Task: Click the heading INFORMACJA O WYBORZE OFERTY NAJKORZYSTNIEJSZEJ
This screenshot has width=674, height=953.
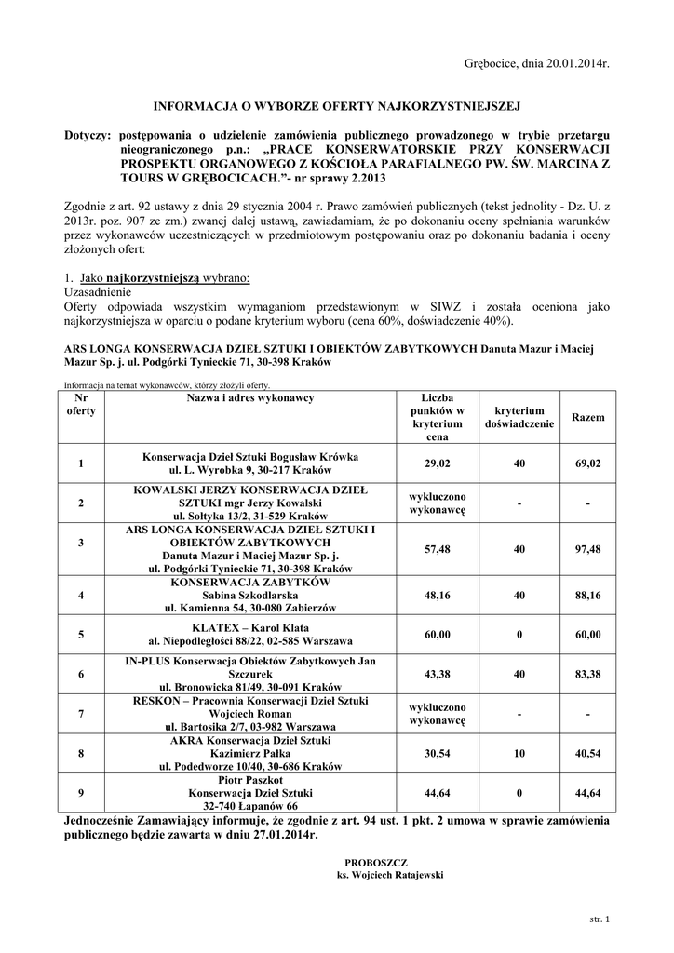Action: point(336,106)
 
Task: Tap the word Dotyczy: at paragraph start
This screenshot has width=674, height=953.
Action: point(88,136)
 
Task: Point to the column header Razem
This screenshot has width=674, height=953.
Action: point(586,418)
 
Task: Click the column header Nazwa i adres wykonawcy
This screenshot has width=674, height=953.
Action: point(249,398)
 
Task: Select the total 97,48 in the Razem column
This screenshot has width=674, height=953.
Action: point(587,549)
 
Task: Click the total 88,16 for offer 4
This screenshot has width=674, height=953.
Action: point(587,595)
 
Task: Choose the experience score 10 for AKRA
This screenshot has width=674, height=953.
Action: point(519,753)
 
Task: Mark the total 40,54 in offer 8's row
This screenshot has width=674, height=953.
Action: point(587,753)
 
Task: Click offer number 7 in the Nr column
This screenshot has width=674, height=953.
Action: point(82,713)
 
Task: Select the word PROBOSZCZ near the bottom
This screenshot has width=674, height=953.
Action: point(376,863)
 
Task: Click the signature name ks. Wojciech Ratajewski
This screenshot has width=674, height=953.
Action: point(377,876)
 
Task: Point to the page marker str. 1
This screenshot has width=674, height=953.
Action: point(599,920)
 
